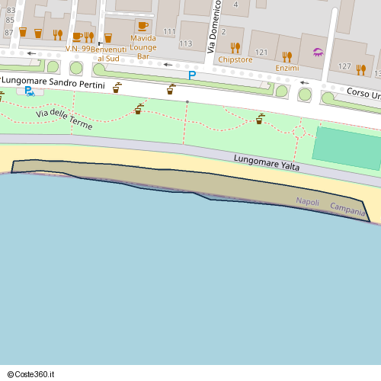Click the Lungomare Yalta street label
tap(266, 162)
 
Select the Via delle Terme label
tap(64, 119)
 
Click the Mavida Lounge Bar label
tap(143, 46)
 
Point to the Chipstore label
tap(235, 59)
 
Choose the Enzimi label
tap(287, 68)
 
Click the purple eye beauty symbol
tap(319, 53)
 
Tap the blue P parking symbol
tap(192, 75)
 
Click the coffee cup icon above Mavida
tap(142, 26)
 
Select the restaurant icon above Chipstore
tap(235, 47)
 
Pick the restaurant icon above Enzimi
tap(287, 56)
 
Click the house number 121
tap(262, 53)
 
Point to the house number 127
tap(344, 66)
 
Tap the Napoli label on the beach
tap(308, 202)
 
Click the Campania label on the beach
tap(347, 207)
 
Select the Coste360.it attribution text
tap(32, 374)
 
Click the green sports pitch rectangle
tap(347, 147)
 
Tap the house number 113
tap(186, 44)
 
